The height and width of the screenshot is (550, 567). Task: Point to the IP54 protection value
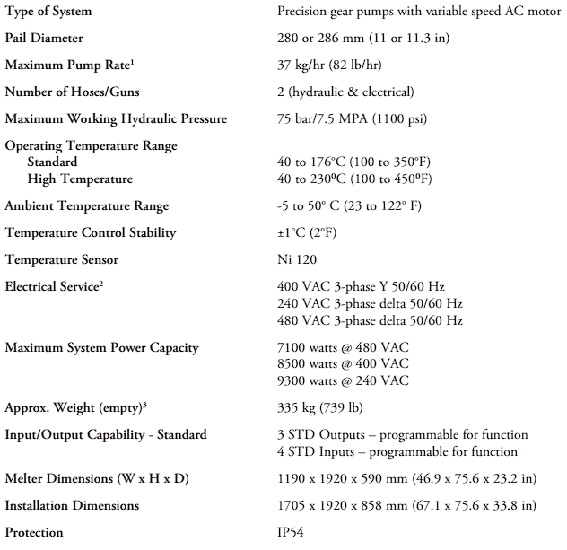coord(293,531)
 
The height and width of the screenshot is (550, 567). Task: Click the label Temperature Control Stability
coord(91,232)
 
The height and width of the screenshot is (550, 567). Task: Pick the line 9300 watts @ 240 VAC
coord(345,380)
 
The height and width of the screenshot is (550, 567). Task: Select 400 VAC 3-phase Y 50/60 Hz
coord(371,285)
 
